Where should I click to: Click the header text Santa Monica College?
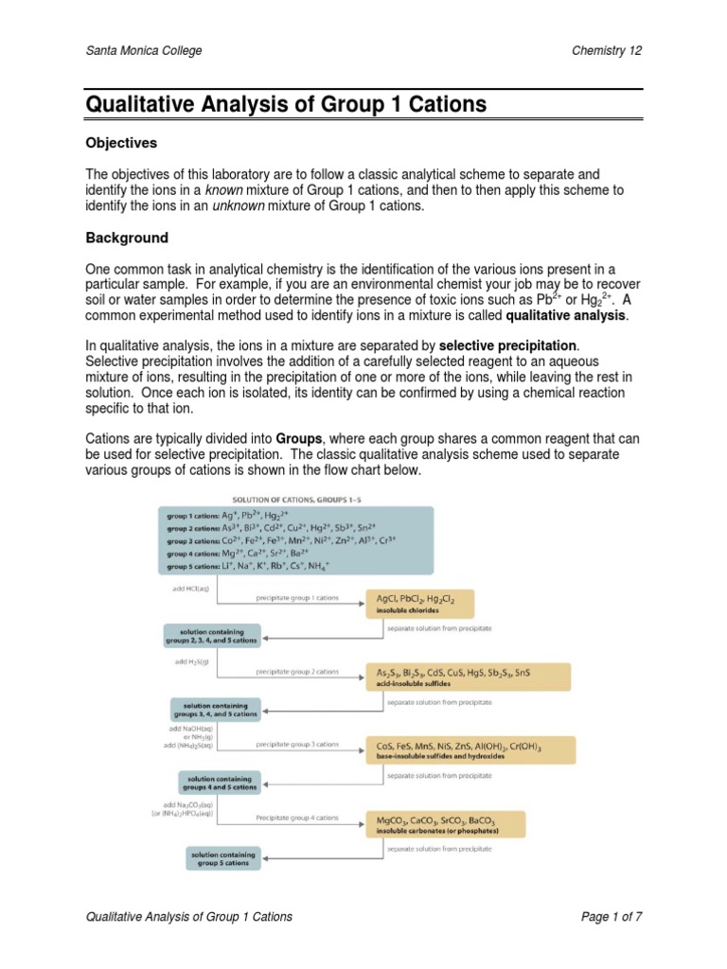143,50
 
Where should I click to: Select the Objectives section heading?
120,143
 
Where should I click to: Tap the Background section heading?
127,238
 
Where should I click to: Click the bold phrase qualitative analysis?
566,315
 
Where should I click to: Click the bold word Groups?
300,440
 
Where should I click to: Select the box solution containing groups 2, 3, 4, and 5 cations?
211,634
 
